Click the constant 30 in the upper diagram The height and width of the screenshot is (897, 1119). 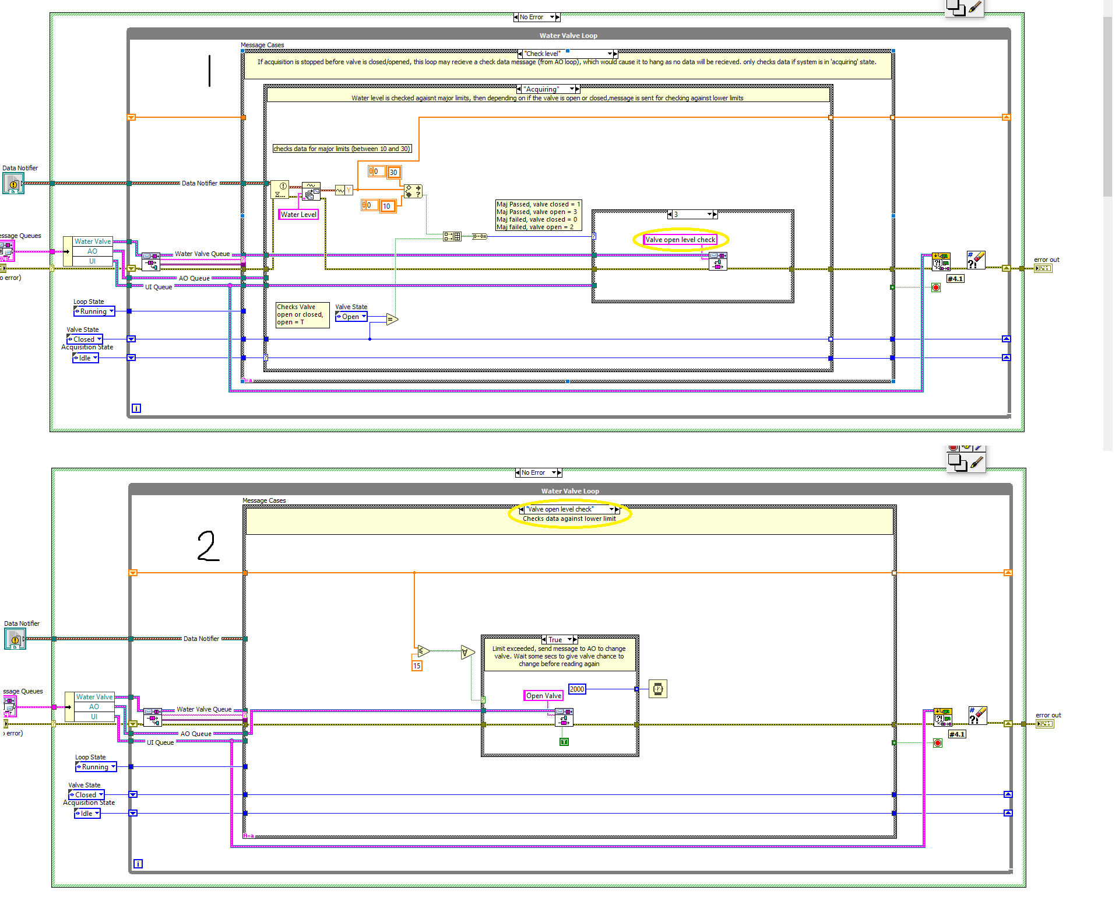[393, 172]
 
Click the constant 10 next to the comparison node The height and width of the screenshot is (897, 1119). [387, 206]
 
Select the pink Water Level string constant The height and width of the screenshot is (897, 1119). [298, 215]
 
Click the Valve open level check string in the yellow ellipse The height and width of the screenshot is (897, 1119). [680, 240]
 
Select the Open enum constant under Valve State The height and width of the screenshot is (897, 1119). [351, 317]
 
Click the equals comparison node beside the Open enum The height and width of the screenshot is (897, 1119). [392, 319]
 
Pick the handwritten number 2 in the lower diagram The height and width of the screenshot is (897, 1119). [208, 546]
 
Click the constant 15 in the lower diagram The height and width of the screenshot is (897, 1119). [417, 665]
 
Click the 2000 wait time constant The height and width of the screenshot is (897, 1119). [577, 689]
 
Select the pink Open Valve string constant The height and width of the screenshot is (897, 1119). [543, 696]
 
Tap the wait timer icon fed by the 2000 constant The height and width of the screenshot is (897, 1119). [657, 689]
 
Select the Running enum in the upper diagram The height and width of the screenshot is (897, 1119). [93, 311]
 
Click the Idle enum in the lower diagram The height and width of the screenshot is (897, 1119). [86, 814]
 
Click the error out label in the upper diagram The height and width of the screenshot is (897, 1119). [1046, 260]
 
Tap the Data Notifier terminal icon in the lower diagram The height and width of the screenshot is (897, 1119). [15, 639]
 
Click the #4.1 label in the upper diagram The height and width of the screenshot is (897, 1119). [955, 279]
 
